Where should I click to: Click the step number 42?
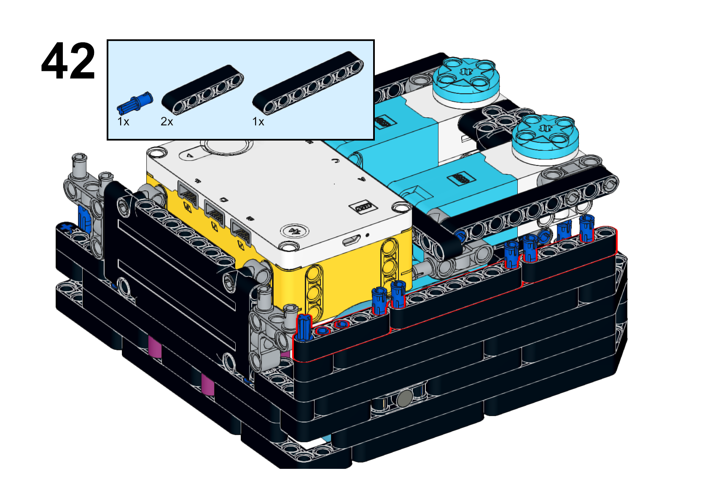68,61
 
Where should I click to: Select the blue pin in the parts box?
135,103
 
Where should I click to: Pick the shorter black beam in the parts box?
202,90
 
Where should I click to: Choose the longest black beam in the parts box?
308,83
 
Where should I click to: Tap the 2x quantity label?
167,122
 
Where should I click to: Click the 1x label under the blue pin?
123,122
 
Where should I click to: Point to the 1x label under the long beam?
258,122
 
